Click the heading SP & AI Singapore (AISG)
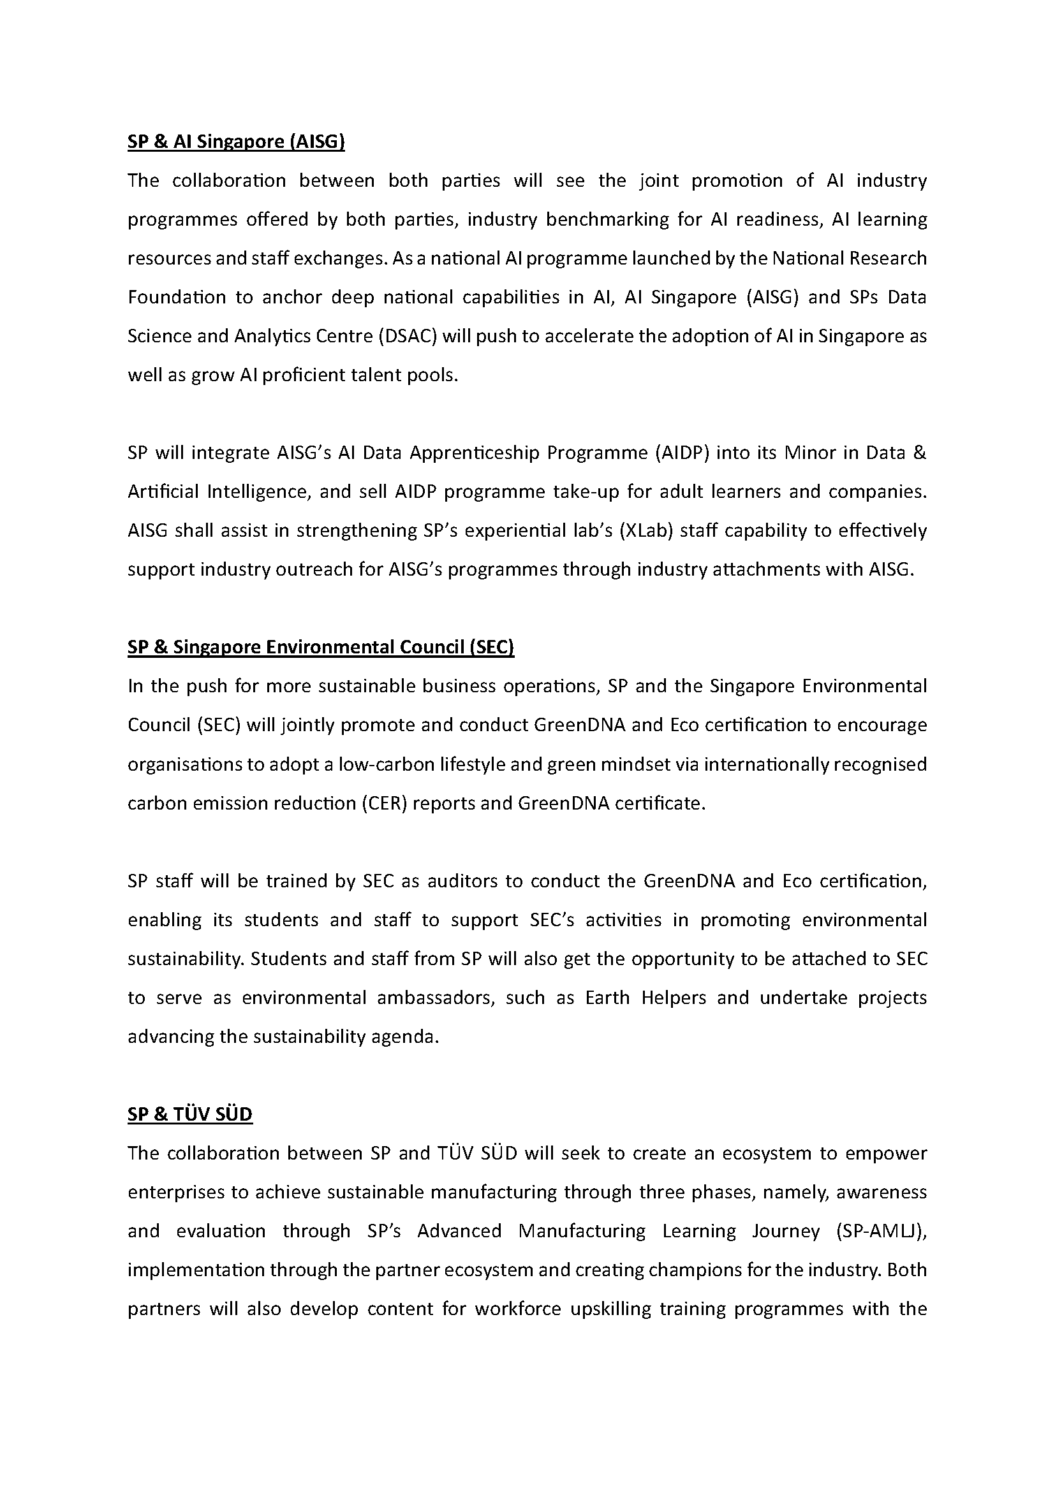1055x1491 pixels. [x=236, y=142]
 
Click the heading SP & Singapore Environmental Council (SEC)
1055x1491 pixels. [x=321, y=648]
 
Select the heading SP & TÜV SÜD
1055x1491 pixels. [x=189, y=1114]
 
